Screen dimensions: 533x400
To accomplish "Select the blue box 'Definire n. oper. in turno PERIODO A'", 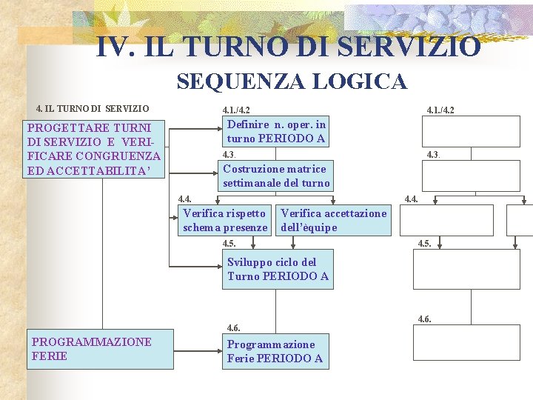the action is pyautogui.click(x=276, y=131).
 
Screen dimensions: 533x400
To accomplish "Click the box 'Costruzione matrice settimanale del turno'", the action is pyautogui.click(x=276, y=176).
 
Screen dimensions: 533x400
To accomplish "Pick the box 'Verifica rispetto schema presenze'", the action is pyautogui.click(x=226, y=220).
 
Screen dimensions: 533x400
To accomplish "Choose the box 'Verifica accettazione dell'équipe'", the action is pyautogui.click(x=333, y=220).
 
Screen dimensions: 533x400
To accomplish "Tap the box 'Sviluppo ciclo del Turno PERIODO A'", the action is pyautogui.click(x=278, y=269).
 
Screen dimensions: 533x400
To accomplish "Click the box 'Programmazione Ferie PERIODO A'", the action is pyautogui.click(x=275, y=351).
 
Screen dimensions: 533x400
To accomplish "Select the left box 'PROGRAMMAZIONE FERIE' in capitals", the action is pyautogui.click(x=100, y=349).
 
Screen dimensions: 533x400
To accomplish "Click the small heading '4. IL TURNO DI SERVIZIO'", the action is pyautogui.click(x=93, y=108).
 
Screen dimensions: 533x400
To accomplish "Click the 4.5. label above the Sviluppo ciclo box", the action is pyautogui.click(x=229, y=243).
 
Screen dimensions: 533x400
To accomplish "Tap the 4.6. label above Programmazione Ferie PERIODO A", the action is pyautogui.click(x=233, y=327).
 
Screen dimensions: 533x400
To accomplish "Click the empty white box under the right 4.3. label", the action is pyautogui.click(x=450, y=176).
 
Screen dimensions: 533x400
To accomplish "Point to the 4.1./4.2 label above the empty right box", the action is pyautogui.click(x=440, y=110).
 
